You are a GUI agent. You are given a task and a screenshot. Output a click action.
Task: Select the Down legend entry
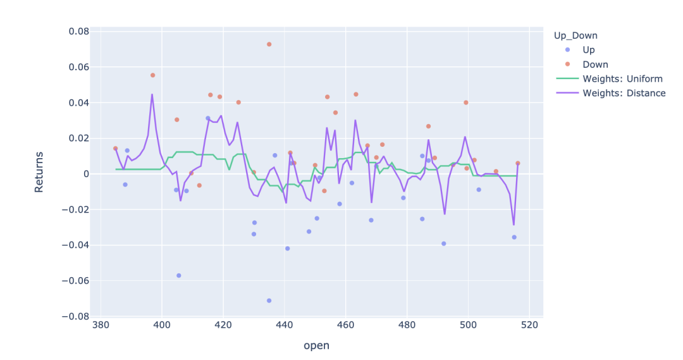tap(595, 64)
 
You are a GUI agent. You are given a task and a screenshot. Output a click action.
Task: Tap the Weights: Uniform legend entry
tap(622, 78)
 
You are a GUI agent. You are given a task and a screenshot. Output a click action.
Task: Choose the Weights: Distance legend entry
tap(624, 93)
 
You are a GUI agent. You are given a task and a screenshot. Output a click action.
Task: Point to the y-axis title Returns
tap(39, 171)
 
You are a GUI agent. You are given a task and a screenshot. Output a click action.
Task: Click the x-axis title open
tap(316, 345)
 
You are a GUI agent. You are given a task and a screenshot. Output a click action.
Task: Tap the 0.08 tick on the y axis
tap(78, 32)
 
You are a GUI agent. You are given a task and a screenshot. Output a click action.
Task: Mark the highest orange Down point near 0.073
tap(269, 44)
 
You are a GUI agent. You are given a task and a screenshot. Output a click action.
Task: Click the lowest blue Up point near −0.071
tap(269, 301)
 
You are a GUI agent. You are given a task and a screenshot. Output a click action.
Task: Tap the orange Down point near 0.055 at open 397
tap(152, 75)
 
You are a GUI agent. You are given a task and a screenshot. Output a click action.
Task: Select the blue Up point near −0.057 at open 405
tap(179, 275)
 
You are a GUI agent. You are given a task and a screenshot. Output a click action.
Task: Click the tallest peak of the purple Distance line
tap(152, 94)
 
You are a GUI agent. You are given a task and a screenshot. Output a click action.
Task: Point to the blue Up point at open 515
tap(514, 237)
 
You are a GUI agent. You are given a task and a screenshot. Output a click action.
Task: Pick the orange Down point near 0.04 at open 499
tap(466, 102)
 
